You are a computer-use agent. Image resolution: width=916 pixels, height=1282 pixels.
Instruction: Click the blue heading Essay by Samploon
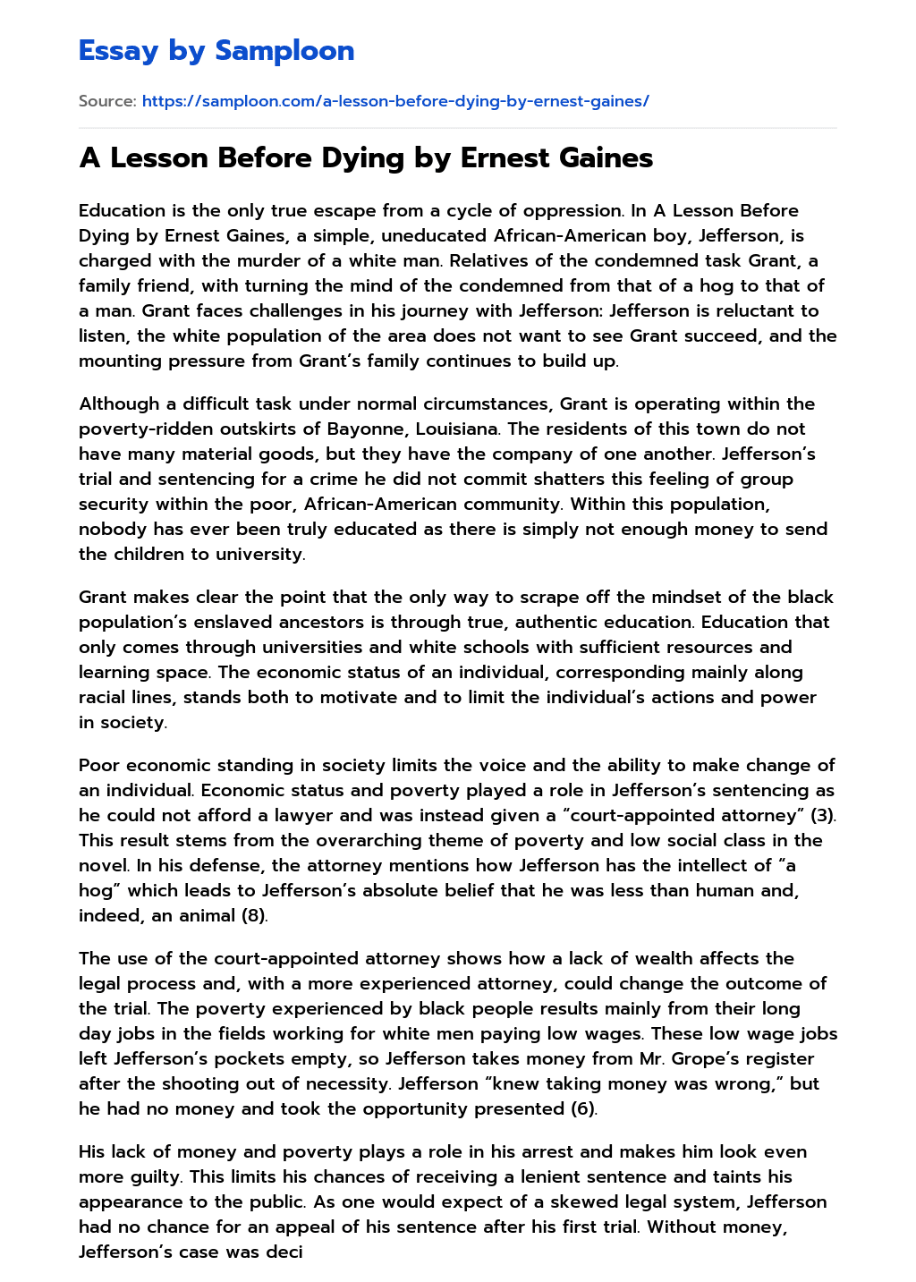[216, 51]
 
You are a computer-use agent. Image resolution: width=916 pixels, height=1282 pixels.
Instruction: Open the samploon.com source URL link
[395, 101]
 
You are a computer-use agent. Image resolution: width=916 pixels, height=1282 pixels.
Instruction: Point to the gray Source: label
[107, 101]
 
